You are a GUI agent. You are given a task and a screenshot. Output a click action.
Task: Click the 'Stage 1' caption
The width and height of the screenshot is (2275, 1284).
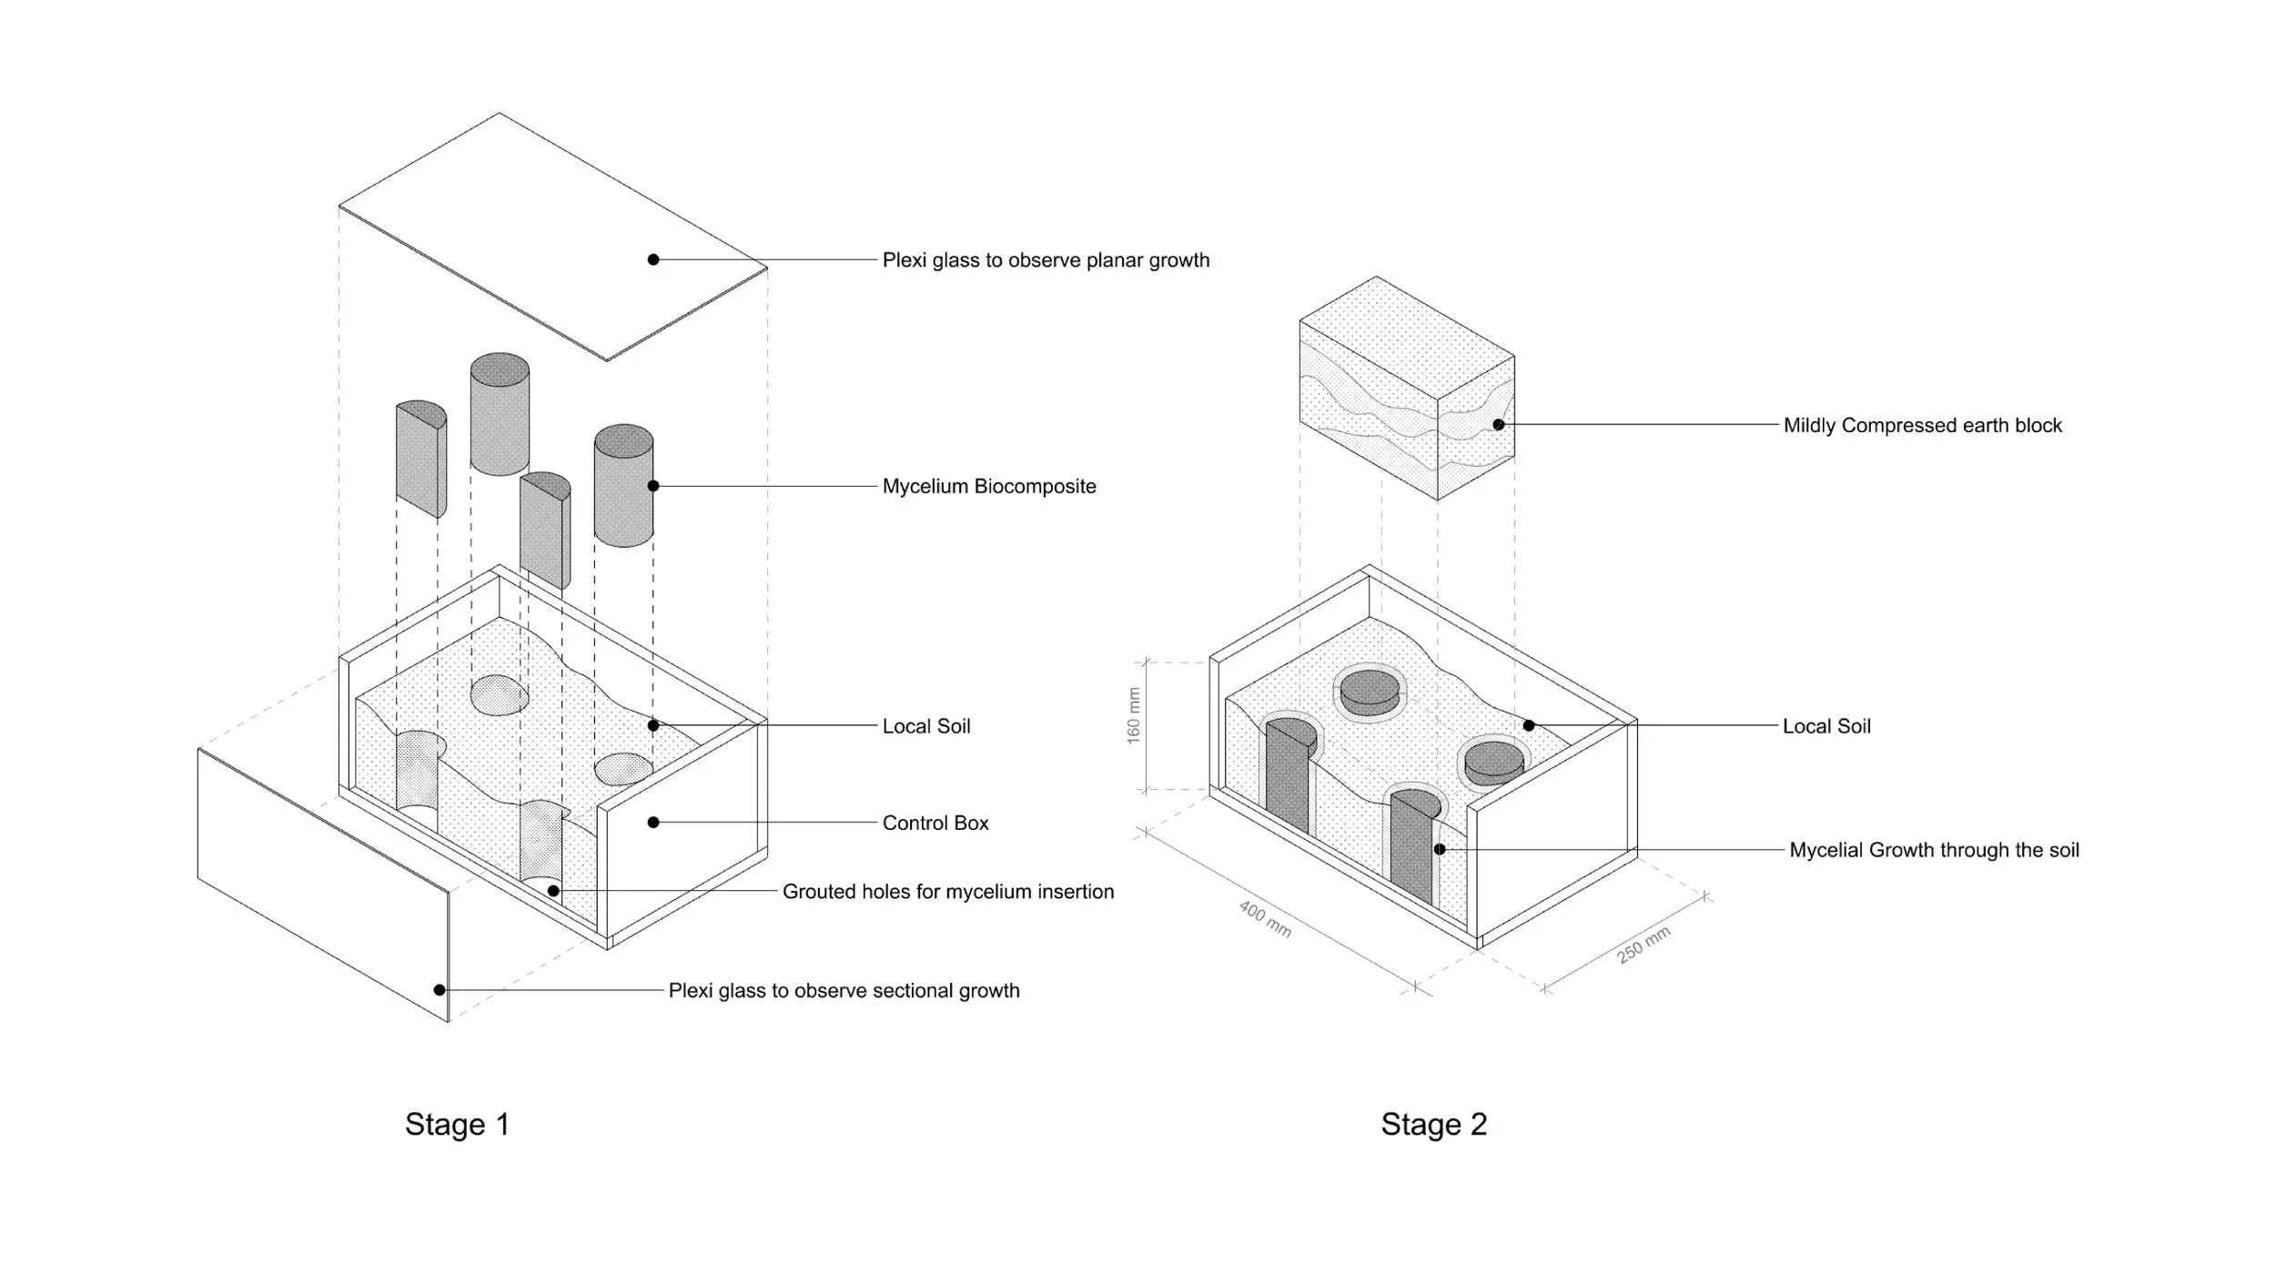coord(457,1124)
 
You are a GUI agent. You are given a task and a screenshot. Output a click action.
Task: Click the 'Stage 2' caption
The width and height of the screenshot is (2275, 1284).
coord(1433,1124)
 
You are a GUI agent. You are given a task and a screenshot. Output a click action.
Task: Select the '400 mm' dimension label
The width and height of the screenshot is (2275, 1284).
coord(1265,919)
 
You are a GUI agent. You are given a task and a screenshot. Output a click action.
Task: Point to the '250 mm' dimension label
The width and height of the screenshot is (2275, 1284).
coord(1643,945)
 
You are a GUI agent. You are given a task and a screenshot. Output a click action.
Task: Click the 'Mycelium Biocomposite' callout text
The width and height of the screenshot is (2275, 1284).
coord(989,486)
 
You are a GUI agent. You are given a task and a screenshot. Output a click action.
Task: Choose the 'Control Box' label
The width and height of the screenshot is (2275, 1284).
coord(935,823)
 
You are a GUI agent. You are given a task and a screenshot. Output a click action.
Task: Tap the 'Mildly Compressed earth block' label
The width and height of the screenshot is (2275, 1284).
coord(1922,425)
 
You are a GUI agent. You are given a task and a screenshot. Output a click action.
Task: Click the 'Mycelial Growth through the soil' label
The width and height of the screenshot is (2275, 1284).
coord(1934,850)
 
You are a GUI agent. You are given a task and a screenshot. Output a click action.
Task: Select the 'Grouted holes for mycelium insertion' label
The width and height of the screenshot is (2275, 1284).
coord(948,892)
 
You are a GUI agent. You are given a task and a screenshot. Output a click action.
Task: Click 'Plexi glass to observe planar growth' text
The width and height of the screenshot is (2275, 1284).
coord(1046,260)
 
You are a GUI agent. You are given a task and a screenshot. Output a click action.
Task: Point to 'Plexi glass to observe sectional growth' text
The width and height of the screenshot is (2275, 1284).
coord(844,990)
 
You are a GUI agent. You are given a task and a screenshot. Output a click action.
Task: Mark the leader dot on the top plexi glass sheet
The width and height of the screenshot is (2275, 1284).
coord(653,259)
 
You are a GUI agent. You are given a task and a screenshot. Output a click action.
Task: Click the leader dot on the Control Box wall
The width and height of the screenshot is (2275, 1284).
coord(653,823)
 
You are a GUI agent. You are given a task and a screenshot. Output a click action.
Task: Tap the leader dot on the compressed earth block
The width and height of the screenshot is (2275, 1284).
coord(1498,425)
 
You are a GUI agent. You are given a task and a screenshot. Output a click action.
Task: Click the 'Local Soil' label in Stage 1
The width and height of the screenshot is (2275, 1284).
coord(926,726)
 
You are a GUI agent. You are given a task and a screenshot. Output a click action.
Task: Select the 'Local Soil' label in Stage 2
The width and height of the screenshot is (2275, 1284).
coord(1826,726)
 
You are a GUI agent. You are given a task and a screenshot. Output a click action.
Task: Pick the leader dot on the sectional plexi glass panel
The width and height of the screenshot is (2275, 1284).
coord(440,990)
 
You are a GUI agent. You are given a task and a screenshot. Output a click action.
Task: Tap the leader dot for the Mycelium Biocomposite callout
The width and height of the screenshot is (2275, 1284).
coord(653,486)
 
